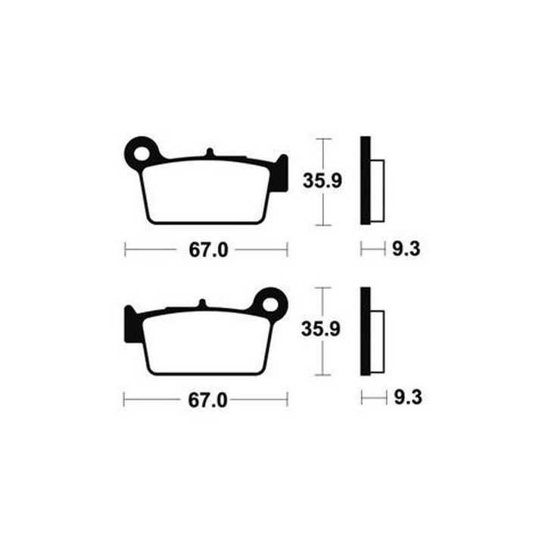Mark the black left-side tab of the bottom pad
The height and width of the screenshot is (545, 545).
tap(129, 324)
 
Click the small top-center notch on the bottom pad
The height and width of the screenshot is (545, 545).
tap(201, 304)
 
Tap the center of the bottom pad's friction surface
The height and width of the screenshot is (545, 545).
tap(206, 343)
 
